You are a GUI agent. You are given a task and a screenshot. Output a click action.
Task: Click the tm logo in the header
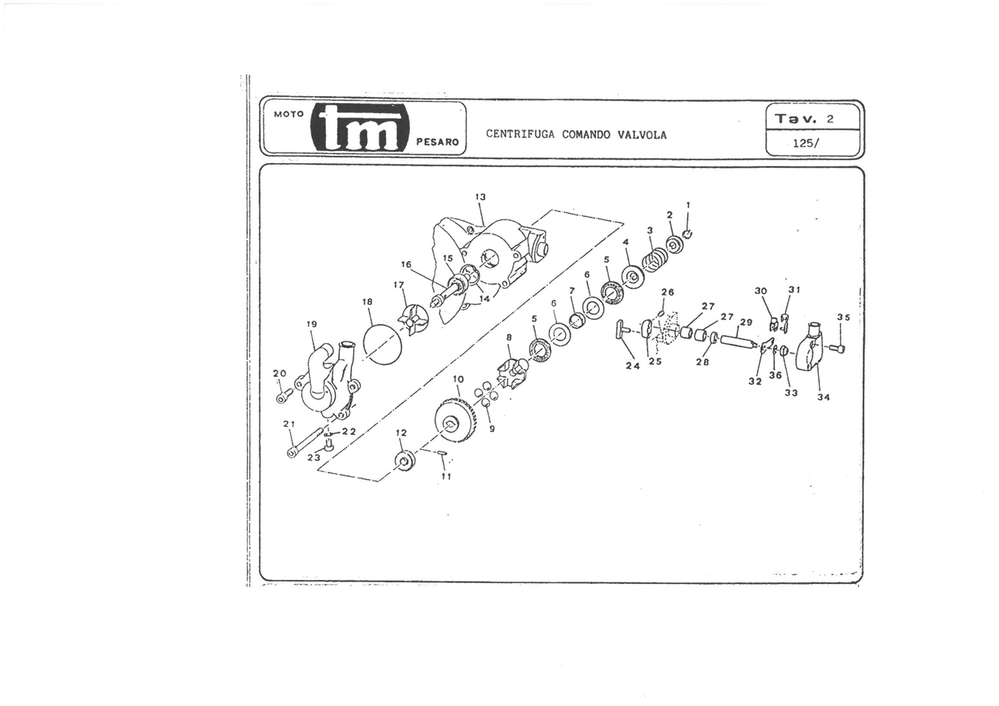[360, 128]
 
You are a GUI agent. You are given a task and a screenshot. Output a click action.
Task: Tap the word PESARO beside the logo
[437, 142]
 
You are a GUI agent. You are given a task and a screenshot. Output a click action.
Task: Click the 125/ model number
[806, 143]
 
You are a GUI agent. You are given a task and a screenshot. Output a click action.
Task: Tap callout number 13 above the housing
[480, 197]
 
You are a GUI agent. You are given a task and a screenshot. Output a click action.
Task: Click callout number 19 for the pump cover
[311, 324]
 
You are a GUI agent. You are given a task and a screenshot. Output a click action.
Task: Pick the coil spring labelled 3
[655, 260]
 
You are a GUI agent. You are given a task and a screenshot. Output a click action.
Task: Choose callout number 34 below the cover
[823, 397]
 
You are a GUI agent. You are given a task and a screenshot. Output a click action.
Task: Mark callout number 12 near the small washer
[401, 433]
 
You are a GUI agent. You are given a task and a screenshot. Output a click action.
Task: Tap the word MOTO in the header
[289, 114]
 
